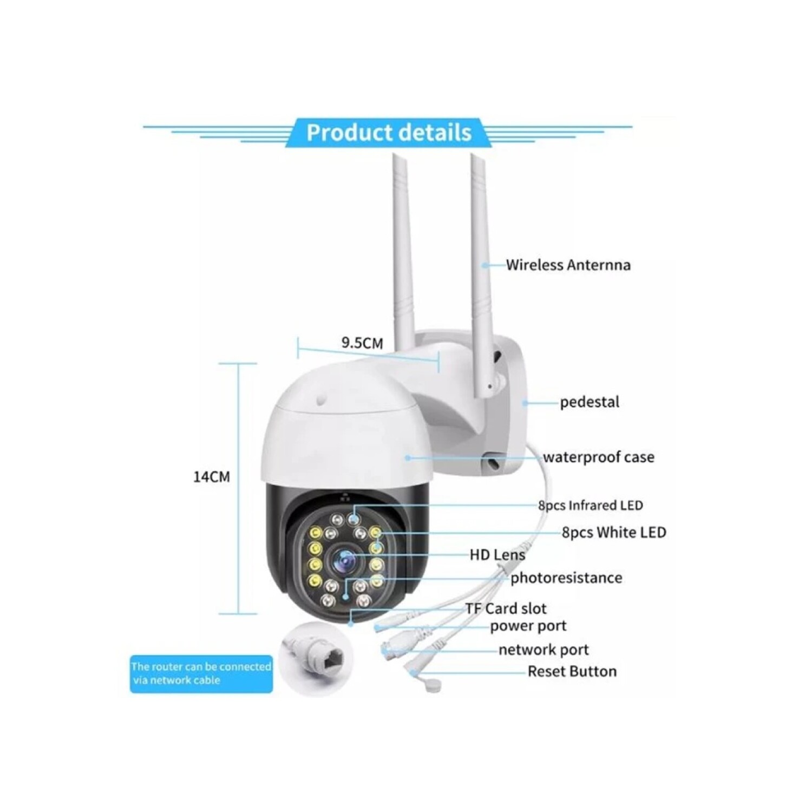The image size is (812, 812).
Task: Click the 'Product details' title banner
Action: (389, 133)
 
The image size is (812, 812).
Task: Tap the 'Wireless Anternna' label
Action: (568, 265)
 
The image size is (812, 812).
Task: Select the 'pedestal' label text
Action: (590, 402)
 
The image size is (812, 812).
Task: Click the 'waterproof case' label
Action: (598, 457)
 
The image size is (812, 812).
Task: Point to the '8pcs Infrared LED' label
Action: (590, 505)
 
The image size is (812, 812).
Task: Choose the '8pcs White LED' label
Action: (613, 532)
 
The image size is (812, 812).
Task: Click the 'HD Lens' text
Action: (497, 555)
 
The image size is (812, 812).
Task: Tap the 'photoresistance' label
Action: (566, 578)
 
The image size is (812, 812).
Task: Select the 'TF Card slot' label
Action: (506, 608)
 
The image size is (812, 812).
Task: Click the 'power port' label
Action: (528, 626)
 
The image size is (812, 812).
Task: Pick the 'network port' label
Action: (543, 650)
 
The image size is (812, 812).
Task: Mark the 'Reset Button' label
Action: (572, 672)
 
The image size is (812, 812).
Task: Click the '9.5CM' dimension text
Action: (362, 343)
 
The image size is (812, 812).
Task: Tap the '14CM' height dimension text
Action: (211, 477)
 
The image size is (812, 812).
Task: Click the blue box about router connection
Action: (201, 673)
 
